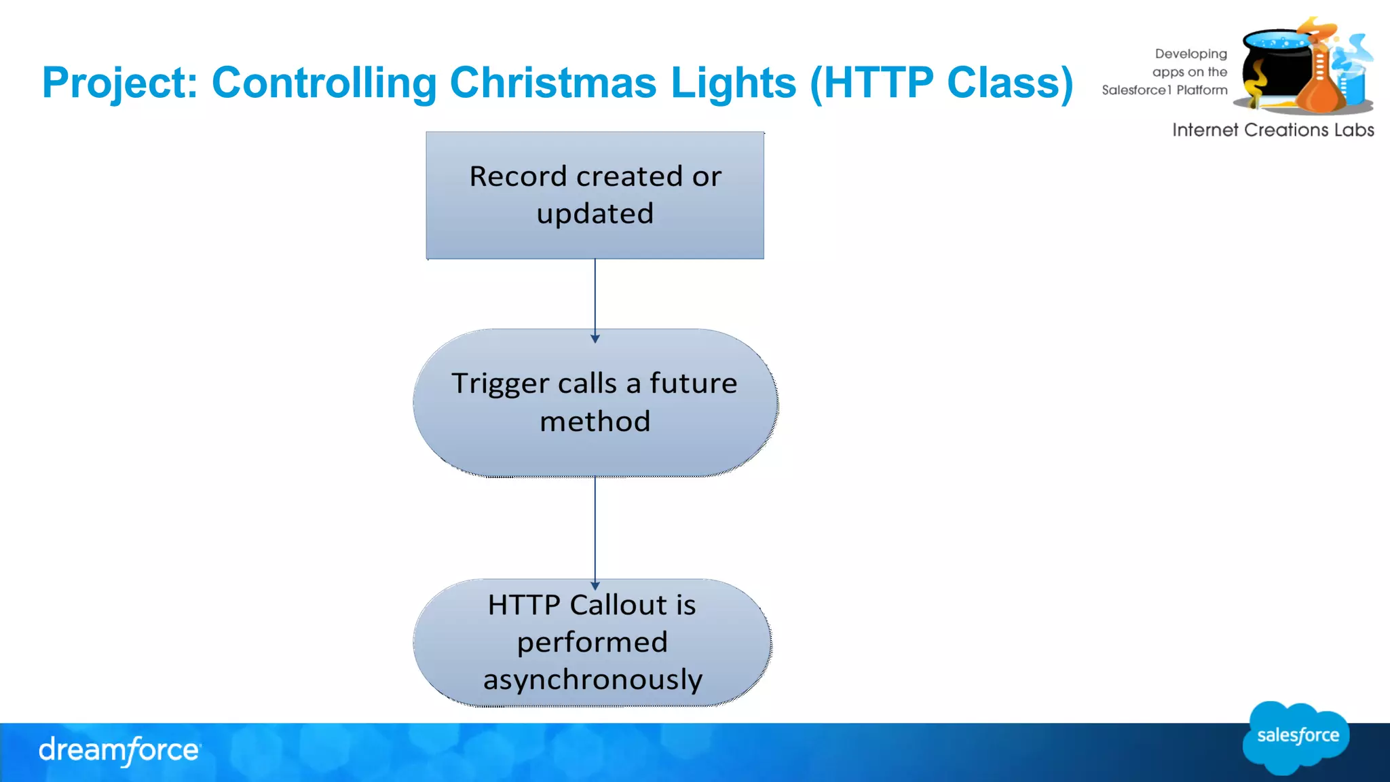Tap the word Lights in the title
733,83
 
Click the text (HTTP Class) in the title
941,83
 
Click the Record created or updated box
595,195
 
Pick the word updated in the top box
595,214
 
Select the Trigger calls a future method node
595,403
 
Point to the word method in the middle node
595,422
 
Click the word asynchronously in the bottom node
593,679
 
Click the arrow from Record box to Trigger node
595,299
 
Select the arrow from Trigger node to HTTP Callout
595,529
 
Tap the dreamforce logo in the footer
119,750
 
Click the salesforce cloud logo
1296,737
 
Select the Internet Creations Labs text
1273,130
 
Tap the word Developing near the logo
1190,54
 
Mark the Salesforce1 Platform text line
1165,90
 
